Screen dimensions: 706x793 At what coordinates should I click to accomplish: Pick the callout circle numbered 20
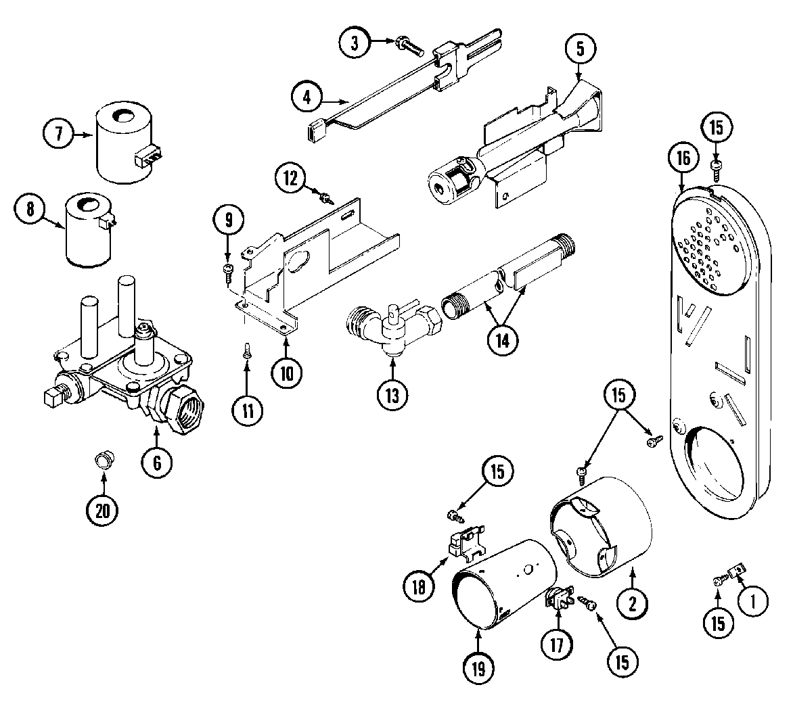103,511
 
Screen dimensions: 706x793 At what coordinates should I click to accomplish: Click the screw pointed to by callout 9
228,272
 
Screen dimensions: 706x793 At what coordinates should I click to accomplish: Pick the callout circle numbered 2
633,603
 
